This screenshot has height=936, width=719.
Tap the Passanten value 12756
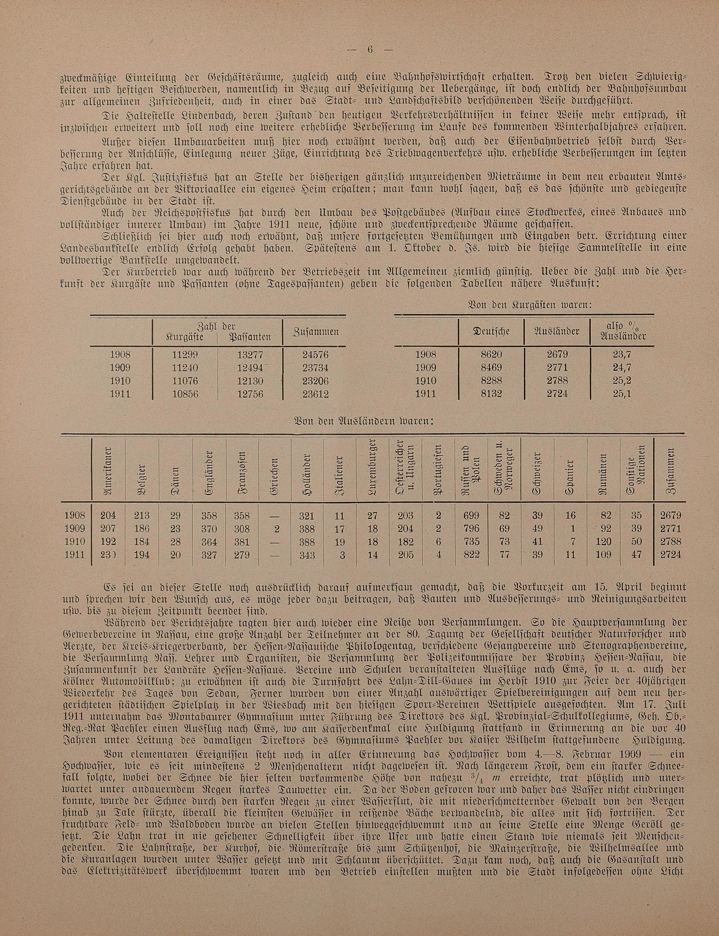coord(250,394)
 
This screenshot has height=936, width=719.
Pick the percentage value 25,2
coord(622,381)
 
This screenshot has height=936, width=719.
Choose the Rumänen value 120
coord(604,542)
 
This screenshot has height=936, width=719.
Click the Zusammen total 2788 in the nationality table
coord(670,542)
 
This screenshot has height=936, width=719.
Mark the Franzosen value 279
coord(242,555)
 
